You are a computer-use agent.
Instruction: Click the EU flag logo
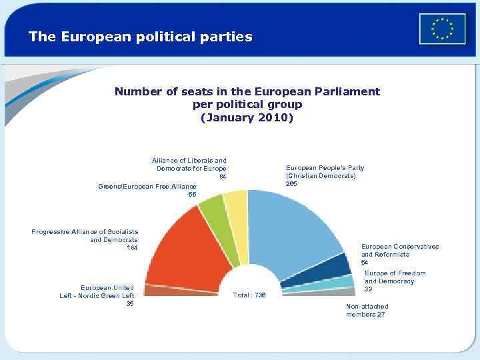pyautogui.click(x=442, y=29)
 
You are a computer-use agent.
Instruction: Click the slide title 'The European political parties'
pyautogui.click(x=140, y=37)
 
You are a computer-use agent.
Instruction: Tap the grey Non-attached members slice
pyautogui.click(x=347, y=291)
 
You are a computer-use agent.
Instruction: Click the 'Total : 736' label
pyautogui.click(x=249, y=295)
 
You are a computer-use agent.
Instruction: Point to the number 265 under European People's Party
pyautogui.click(x=291, y=183)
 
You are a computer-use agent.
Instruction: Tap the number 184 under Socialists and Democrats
pyautogui.click(x=131, y=248)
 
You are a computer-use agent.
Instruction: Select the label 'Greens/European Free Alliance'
pyautogui.click(x=147, y=186)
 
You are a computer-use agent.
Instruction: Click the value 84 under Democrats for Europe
pyautogui.click(x=223, y=177)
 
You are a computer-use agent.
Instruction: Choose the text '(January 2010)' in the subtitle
pyautogui.click(x=247, y=117)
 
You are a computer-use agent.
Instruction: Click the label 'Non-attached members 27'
pyautogui.click(x=367, y=310)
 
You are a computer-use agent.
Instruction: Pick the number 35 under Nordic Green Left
pyautogui.click(x=130, y=304)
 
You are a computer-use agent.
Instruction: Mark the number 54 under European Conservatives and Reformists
pyautogui.click(x=365, y=263)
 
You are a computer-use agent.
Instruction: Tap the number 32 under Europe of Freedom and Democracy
pyautogui.click(x=368, y=289)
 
